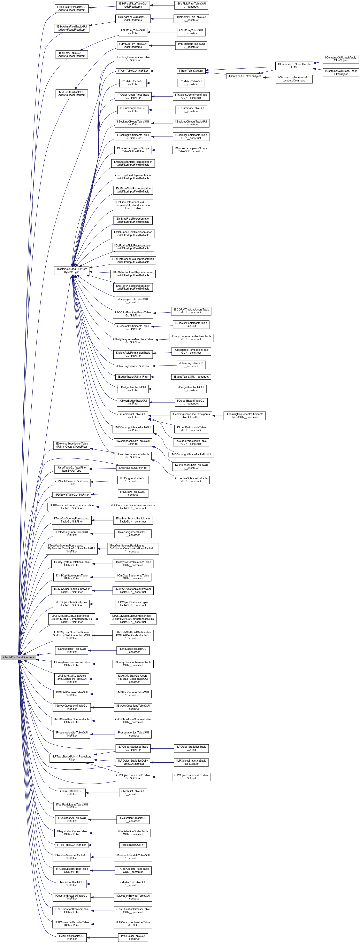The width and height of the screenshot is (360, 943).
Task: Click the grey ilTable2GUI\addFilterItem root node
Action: [x=18, y=657]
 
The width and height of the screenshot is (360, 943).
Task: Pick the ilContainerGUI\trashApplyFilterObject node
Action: [x=340, y=59]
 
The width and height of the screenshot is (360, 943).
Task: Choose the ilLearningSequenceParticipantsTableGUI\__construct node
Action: [x=244, y=416]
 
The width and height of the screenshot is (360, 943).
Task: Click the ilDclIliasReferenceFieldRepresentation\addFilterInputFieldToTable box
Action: [x=133, y=205]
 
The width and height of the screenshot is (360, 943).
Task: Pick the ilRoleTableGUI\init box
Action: [x=133, y=845]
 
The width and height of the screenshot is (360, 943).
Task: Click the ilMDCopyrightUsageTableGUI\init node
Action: [x=192, y=454]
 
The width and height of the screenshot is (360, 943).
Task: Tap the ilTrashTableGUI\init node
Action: [x=191, y=71]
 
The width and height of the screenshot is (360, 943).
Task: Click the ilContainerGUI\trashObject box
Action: [x=244, y=76]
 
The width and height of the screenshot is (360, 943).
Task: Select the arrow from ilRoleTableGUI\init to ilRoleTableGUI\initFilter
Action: [x=104, y=845]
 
